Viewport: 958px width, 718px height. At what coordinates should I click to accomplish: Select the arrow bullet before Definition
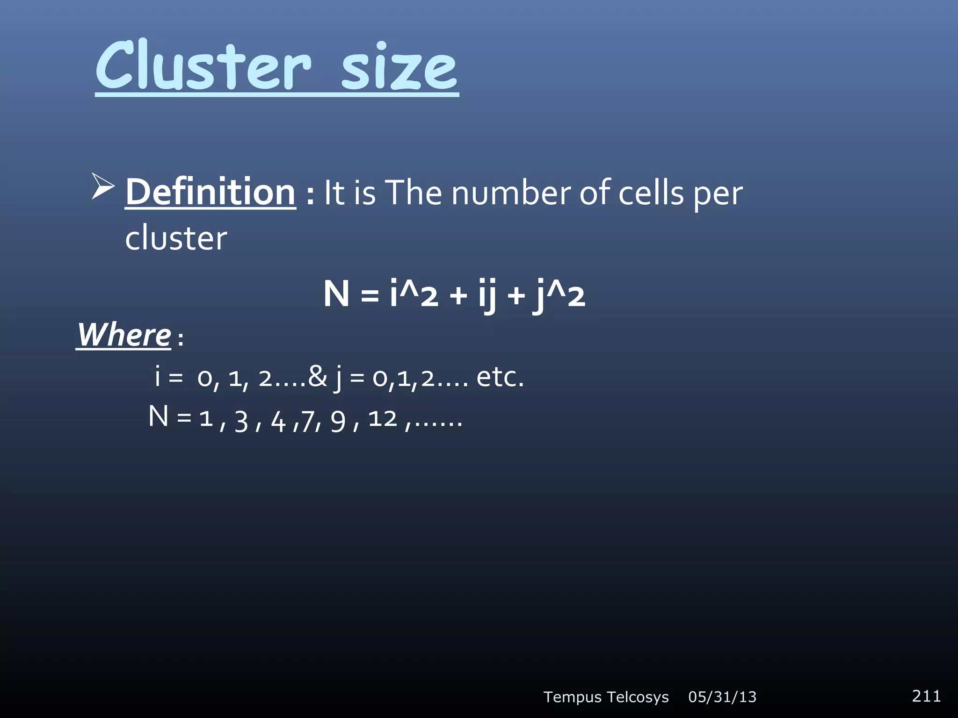103,187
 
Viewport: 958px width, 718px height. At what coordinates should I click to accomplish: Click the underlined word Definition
210,192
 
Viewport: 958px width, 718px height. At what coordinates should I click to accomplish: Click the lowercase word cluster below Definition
176,238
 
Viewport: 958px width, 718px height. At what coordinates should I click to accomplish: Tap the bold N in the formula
336,294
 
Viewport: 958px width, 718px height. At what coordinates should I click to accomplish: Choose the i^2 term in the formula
414,294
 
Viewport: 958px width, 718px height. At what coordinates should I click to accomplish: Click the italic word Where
124,335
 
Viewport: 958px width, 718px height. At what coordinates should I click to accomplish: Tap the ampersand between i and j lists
318,376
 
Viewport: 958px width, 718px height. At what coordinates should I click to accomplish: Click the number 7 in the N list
308,421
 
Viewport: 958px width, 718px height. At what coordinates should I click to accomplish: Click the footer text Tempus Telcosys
606,697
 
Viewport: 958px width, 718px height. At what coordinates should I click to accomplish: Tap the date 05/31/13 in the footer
722,697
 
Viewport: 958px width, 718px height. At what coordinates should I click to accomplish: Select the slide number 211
926,696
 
